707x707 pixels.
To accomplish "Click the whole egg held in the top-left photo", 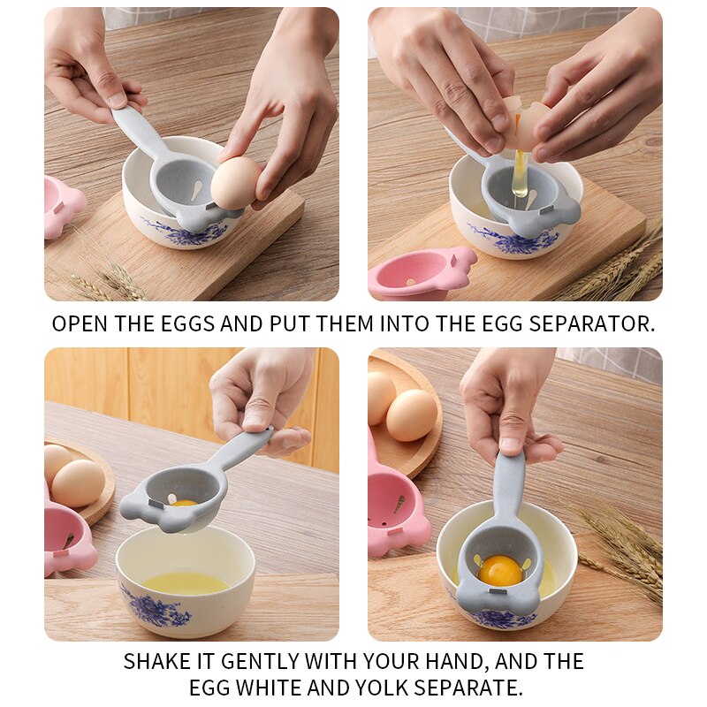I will pyautogui.click(x=234, y=183).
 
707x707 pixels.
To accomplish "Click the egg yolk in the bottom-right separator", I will pyautogui.click(x=500, y=570).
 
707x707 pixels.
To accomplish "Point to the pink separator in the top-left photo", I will pyautogui.click(x=62, y=206).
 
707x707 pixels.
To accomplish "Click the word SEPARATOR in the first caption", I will pyautogui.click(x=592, y=323).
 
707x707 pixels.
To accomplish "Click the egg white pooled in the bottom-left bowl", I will pyautogui.click(x=186, y=582).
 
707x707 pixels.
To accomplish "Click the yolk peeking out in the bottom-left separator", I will pyautogui.click(x=184, y=502).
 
